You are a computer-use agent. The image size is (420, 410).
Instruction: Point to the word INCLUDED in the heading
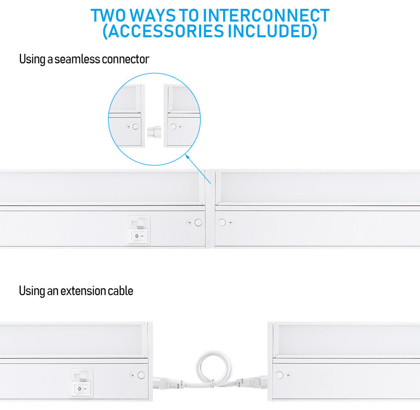click(270, 31)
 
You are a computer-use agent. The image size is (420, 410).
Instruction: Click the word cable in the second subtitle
click(120, 291)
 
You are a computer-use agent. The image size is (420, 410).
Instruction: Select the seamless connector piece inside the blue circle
click(154, 132)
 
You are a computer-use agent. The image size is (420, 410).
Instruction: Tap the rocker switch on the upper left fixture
click(138, 236)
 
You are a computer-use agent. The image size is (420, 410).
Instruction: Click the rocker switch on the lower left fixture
click(81, 388)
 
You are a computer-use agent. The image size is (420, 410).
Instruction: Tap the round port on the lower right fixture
click(280, 375)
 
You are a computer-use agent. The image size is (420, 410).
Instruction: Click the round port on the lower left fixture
click(141, 375)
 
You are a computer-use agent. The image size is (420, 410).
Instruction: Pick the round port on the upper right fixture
click(222, 222)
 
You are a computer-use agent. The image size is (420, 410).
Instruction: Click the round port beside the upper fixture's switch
click(199, 222)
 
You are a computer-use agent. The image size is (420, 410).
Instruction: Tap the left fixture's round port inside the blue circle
click(136, 126)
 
